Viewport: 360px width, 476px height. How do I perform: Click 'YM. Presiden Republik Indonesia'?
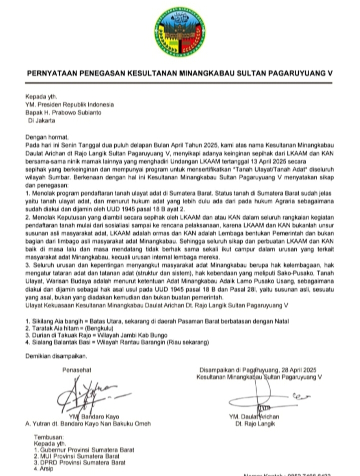70,105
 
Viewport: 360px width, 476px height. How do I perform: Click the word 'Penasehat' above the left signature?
77,370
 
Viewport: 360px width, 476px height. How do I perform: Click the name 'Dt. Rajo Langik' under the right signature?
254,424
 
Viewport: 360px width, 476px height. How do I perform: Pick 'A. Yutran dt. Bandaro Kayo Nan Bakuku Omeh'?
88,424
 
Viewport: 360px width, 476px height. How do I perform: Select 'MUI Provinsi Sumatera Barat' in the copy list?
80,456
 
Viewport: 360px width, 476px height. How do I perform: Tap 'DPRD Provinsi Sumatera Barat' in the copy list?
83,463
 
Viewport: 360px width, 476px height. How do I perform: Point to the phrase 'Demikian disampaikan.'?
56,356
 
